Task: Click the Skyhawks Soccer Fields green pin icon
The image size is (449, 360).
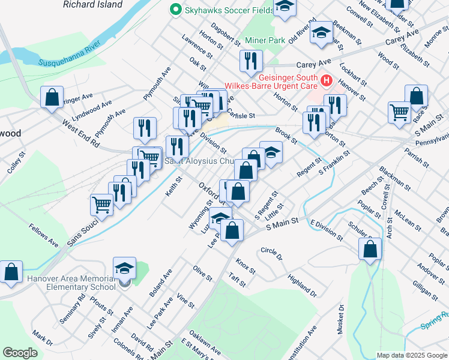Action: (x=176, y=10)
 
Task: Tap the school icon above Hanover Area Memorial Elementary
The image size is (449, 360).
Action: (x=124, y=268)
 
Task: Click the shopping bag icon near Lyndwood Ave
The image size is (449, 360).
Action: (x=52, y=97)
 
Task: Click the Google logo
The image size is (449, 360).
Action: (x=20, y=352)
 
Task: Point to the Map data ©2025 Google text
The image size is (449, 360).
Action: (x=411, y=355)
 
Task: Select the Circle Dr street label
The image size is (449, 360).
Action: (x=271, y=253)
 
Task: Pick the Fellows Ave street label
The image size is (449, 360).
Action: (x=43, y=235)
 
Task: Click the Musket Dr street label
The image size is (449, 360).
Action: (x=341, y=317)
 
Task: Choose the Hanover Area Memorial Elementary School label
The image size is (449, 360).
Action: (x=70, y=283)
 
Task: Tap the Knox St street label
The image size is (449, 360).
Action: (x=246, y=263)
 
